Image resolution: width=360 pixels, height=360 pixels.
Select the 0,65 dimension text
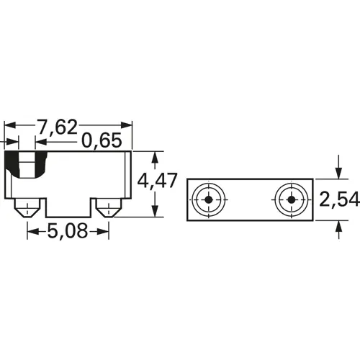[x=102, y=141]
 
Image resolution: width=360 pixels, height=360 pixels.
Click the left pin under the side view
[x=27, y=210]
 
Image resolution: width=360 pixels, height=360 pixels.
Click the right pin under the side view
[x=108, y=210]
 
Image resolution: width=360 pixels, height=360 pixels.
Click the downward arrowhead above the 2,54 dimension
[x=339, y=173]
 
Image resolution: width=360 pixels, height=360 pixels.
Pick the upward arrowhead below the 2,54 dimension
[x=339, y=226]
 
